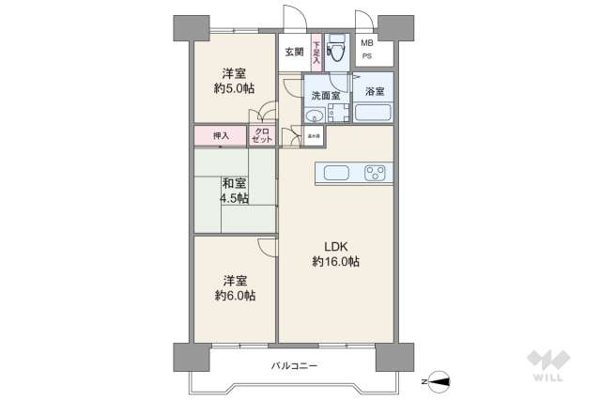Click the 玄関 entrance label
[293, 53]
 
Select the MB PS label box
[367, 50]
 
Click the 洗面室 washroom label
[325, 95]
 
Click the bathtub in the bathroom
[373, 114]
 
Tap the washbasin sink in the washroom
[315, 116]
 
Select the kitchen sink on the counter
[336, 173]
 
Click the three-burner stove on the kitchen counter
[376, 173]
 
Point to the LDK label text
[336, 247]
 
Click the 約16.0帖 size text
[336, 262]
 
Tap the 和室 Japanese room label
[235, 183]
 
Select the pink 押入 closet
[221, 136]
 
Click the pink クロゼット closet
[262, 135]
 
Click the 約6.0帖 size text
[235, 295]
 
